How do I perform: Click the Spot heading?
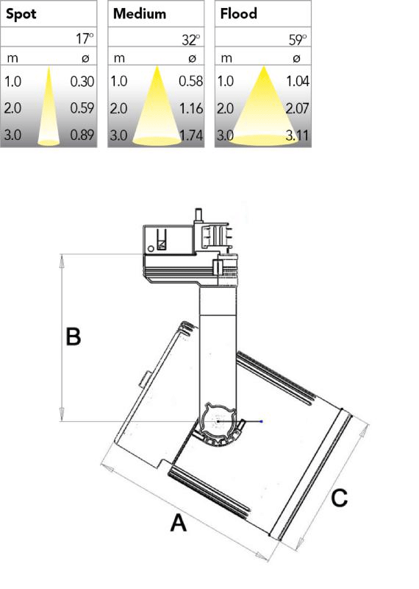(21, 14)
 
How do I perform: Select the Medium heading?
(140, 13)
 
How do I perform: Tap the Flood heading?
(239, 13)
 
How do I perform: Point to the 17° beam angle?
(85, 38)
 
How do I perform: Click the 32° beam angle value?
(191, 40)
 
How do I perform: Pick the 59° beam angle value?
(298, 40)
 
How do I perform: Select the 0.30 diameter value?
(82, 81)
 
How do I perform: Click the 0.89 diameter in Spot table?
(82, 135)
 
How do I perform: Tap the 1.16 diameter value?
(190, 108)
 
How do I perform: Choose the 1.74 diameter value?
(191, 135)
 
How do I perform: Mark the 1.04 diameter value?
(298, 81)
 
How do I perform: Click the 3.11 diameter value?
(297, 135)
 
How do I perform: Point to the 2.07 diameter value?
(297, 108)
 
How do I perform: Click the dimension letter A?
(178, 523)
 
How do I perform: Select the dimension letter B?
(74, 336)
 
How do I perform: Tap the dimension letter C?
(339, 498)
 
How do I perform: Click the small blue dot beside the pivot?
(262, 421)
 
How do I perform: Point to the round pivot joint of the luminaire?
(218, 421)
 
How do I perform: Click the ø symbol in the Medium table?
(192, 58)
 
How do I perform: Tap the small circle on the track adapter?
(151, 248)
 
